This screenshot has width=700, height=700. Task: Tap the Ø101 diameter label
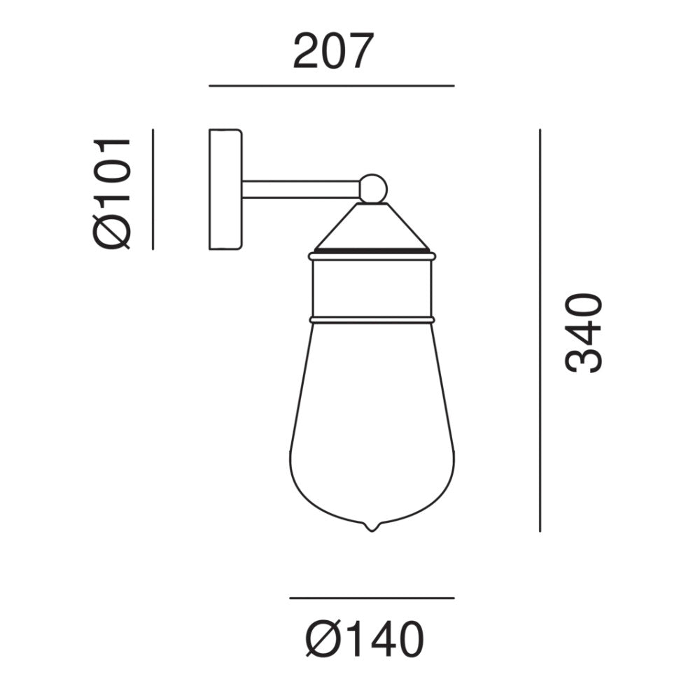(112, 192)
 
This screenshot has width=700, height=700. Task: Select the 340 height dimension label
(584, 332)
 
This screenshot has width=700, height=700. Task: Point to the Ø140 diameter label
(365, 639)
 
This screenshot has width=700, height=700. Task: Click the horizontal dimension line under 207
(331, 85)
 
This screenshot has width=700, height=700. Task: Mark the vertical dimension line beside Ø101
(153, 189)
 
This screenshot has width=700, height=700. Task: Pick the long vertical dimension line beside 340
(540, 329)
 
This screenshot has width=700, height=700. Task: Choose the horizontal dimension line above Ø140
(372, 598)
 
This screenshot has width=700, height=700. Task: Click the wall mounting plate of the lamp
(225, 189)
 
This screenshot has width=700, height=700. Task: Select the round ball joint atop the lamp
(373, 188)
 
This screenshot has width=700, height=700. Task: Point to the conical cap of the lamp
(372, 226)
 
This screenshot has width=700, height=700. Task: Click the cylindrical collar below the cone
(372, 287)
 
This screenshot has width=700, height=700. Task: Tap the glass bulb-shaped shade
(372, 427)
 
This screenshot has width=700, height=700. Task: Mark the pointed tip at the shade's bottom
(372, 527)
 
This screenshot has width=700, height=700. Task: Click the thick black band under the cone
(372, 248)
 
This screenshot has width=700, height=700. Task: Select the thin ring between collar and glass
(372, 320)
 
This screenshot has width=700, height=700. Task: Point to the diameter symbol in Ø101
(112, 232)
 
